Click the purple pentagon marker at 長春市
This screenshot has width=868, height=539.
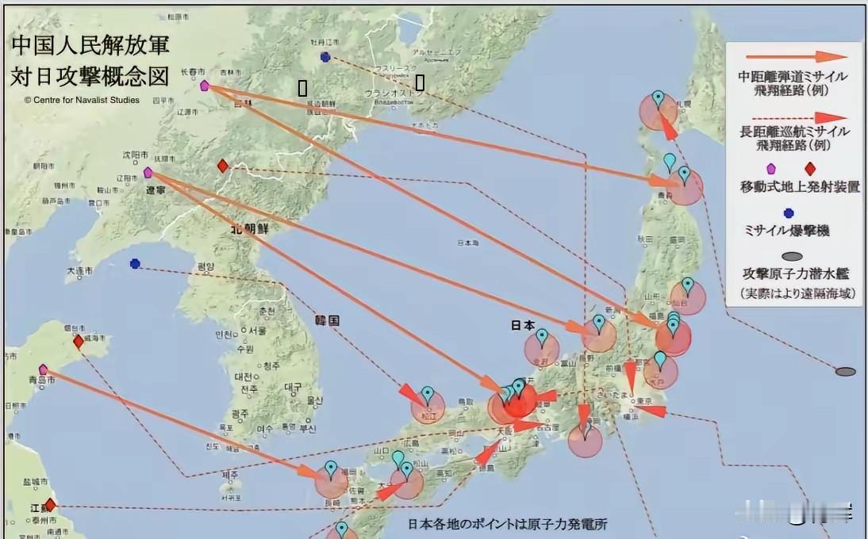pos(204,86)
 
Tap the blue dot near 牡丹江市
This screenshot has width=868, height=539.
pos(325,56)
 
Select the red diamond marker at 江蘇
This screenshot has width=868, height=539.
pos(50,505)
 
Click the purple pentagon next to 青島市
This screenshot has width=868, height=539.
pos(43,369)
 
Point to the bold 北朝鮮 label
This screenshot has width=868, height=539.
pos(250,228)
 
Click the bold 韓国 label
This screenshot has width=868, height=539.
pos(326,321)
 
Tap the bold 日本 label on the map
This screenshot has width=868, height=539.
pos(523,324)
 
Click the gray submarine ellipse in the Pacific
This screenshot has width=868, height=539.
pos(846,371)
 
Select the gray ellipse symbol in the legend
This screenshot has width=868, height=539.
pos(793,256)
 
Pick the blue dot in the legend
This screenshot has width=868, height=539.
pos(788,212)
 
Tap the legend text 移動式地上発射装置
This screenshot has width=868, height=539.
pos(798,187)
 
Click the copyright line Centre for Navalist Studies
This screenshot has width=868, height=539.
pos(82,100)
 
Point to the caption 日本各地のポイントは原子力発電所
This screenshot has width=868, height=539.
pos(508,524)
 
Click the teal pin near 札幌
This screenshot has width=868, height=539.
pos(658,100)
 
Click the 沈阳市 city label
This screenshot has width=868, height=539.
pos(135,154)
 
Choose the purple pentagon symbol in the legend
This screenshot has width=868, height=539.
pos(770,169)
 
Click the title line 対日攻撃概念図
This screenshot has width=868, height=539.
pos(90,76)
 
